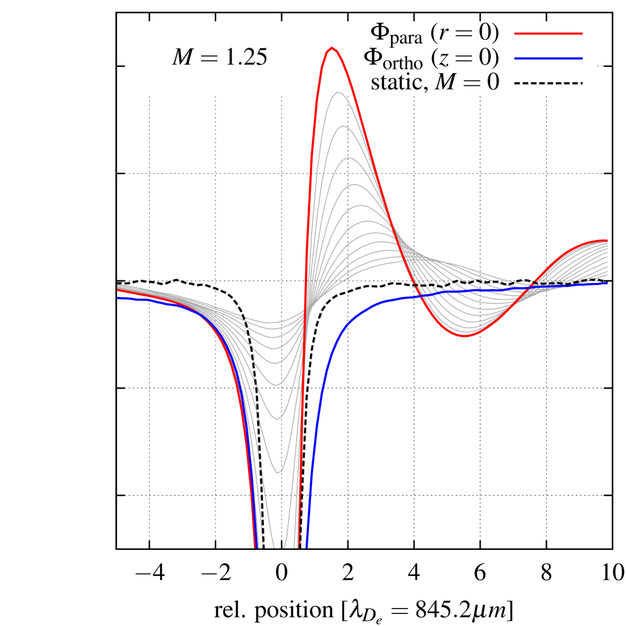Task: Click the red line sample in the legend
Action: [548, 34]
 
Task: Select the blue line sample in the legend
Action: [548, 59]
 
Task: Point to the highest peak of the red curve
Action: [331, 48]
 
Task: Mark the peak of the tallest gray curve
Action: [339, 92]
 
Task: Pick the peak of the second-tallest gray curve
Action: [343, 126]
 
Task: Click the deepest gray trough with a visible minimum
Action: [278, 473]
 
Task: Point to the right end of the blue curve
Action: [607, 283]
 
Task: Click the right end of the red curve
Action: [607, 241]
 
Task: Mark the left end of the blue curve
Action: [118, 298]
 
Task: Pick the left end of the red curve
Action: [118, 290]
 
